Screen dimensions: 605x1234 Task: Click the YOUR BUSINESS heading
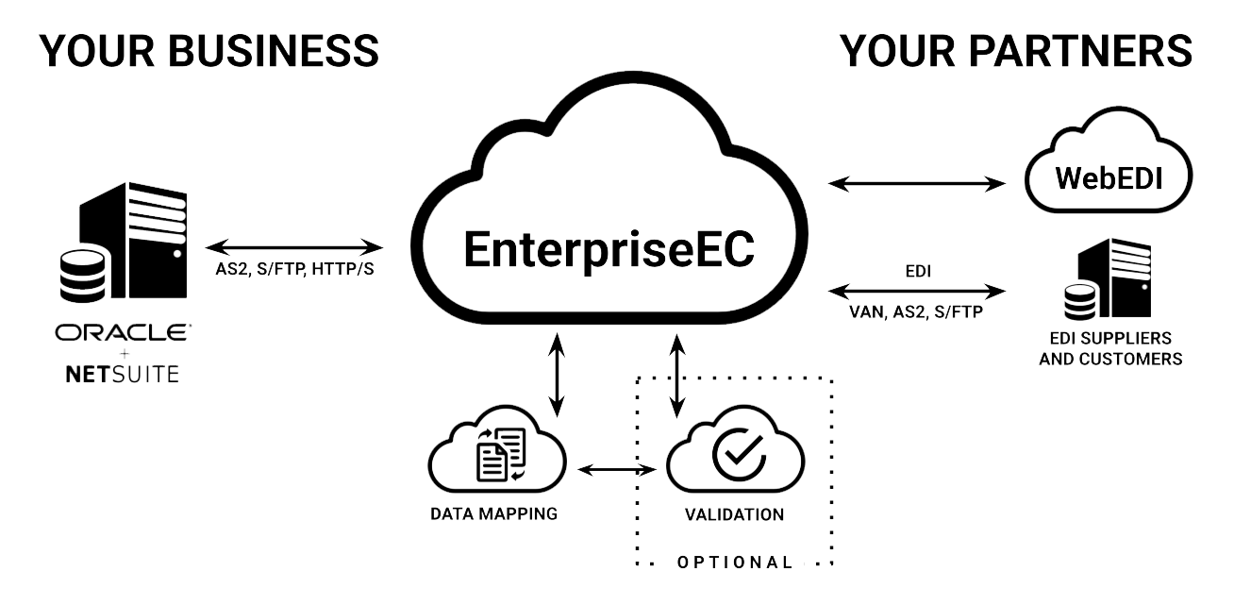click(209, 51)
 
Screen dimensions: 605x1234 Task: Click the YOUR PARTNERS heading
click(1017, 51)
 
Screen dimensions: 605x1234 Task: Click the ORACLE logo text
click(122, 333)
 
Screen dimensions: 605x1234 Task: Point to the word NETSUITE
click(122, 375)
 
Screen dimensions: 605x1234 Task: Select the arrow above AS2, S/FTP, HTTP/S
click(293, 249)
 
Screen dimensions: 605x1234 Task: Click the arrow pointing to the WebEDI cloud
click(916, 183)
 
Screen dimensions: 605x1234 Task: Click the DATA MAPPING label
click(493, 514)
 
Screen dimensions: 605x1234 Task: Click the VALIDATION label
click(735, 515)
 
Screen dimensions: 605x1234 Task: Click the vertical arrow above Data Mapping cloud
click(557, 374)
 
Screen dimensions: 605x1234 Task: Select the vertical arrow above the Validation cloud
click(676, 374)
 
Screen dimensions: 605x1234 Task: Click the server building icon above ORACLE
click(142, 245)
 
